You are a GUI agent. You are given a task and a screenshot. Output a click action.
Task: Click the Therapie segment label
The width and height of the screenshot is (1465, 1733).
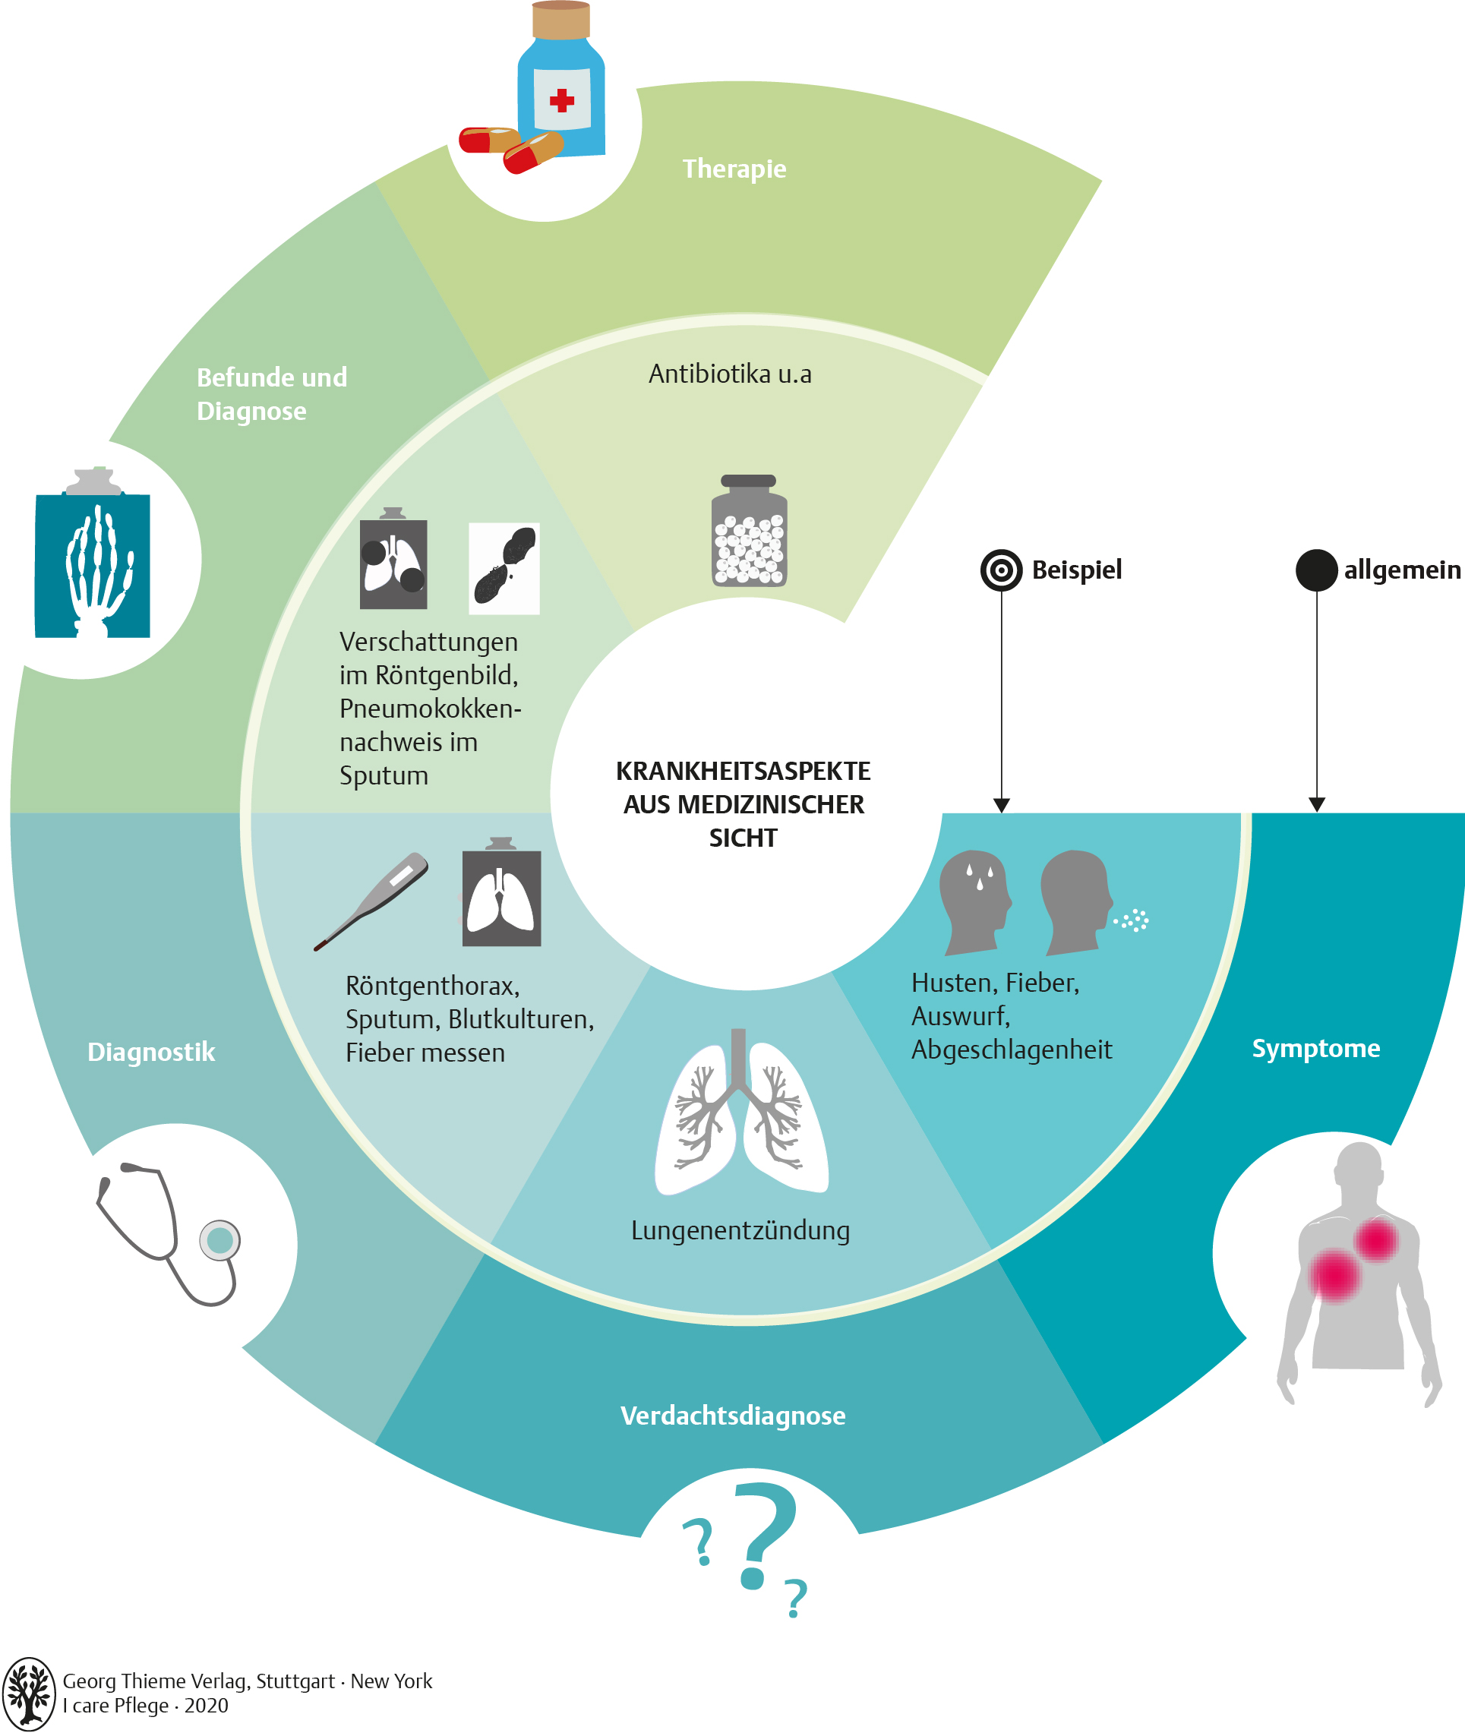(734, 169)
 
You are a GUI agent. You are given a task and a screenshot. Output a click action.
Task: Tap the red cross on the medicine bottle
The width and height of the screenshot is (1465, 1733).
(561, 100)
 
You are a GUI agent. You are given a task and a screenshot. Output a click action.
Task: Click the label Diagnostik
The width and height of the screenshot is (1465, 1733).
(151, 1052)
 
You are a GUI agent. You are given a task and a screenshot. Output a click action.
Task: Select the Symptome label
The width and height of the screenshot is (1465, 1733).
(1315, 1049)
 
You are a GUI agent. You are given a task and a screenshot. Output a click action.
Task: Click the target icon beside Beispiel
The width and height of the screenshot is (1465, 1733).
(1002, 570)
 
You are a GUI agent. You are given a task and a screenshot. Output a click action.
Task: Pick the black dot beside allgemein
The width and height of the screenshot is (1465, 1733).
(1316, 570)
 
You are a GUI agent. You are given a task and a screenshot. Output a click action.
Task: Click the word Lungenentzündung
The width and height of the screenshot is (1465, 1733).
(740, 1230)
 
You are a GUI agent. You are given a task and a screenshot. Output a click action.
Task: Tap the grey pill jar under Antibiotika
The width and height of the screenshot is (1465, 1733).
(749, 531)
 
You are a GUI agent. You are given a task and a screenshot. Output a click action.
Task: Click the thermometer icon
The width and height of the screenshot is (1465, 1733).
(371, 901)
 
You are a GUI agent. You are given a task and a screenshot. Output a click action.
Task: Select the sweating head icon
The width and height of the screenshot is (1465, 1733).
(975, 901)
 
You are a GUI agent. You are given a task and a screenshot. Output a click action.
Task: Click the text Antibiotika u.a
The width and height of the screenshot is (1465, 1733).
(730, 374)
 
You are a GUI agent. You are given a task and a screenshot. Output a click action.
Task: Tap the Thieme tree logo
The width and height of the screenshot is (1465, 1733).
(29, 1694)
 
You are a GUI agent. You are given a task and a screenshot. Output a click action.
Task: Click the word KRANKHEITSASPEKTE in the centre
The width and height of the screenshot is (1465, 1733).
(744, 772)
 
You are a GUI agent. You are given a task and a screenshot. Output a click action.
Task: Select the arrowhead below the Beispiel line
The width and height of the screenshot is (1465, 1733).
(1002, 806)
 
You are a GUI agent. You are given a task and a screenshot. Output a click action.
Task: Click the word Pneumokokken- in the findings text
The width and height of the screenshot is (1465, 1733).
(430, 709)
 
